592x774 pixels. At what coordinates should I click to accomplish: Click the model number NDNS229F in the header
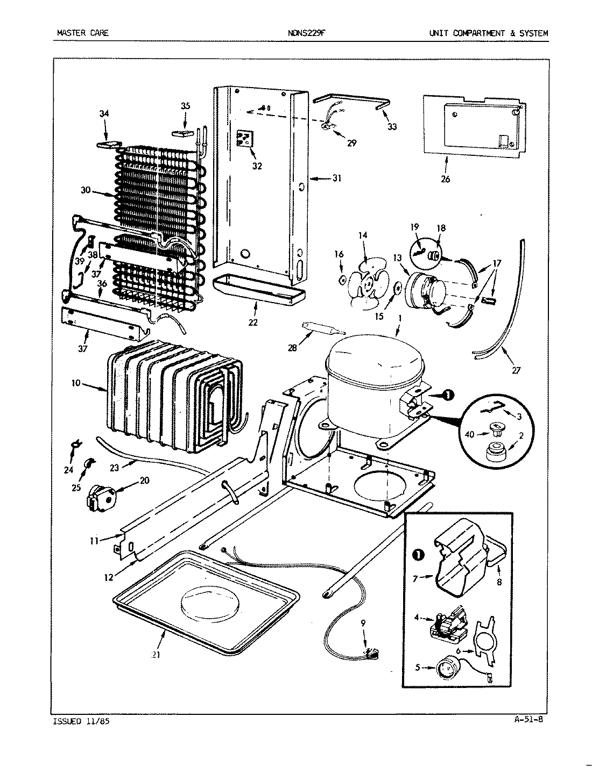pyautogui.click(x=307, y=33)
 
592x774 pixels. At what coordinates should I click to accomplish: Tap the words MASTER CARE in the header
pyautogui.click(x=82, y=33)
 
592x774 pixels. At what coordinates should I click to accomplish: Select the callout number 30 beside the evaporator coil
pyautogui.click(x=86, y=190)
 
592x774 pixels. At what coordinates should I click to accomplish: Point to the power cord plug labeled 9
pyautogui.click(x=369, y=654)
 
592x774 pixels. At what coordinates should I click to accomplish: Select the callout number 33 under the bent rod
pyautogui.click(x=392, y=127)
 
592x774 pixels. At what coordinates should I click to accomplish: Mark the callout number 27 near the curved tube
pyautogui.click(x=516, y=370)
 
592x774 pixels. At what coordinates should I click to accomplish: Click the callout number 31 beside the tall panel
pyautogui.click(x=336, y=179)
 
